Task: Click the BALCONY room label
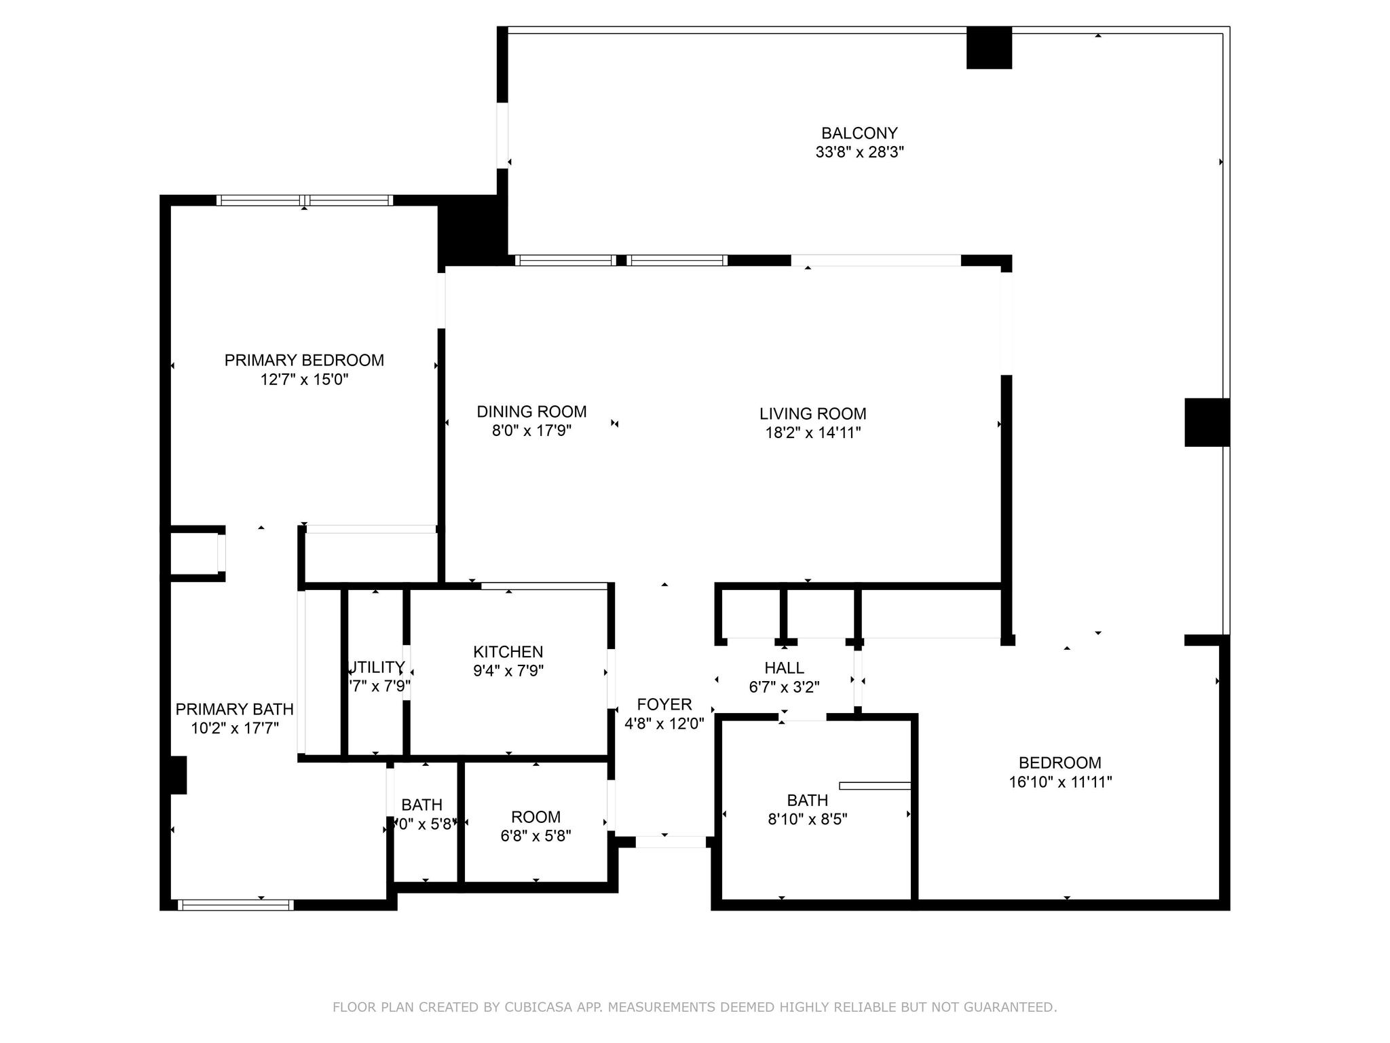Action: [x=859, y=133]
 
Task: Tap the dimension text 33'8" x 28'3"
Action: [x=859, y=152]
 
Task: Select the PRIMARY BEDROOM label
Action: [x=304, y=361]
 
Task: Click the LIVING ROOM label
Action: [x=812, y=414]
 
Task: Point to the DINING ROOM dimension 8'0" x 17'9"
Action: [x=531, y=431]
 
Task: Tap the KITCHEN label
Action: [x=508, y=652]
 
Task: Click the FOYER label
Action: [x=664, y=705]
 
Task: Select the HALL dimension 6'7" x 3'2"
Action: [x=784, y=687]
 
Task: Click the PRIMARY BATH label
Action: [x=234, y=710]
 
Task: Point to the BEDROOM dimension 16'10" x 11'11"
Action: [x=1060, y=782]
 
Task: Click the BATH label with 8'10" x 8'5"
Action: [x=807, y=801]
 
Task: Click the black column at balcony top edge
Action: [x=989, y=48]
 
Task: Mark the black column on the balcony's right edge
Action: [x=1207, y=422]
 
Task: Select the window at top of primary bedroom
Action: [x=304, y=200]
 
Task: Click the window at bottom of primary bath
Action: [x=236, y=904]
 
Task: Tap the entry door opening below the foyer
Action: [x=670, y=842]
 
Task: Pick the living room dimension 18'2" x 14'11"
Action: [x=812, y=433]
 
